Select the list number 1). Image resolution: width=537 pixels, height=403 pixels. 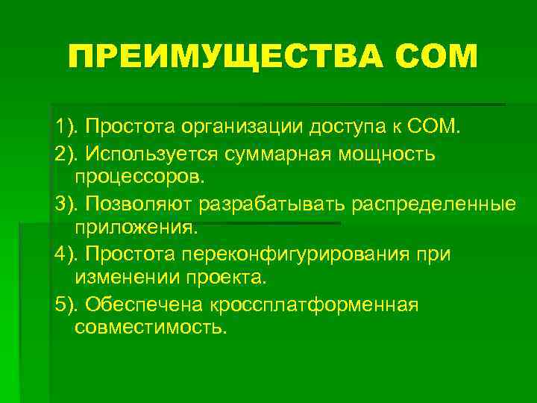click(x=69, y=126)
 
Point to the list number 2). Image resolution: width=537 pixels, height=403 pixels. click(x=69, y=153)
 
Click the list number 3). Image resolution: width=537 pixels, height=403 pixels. click(x=69, y=204)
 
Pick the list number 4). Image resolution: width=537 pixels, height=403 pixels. click(x=69, y=254)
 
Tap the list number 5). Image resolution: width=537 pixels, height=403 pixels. click(x=69, y=305)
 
